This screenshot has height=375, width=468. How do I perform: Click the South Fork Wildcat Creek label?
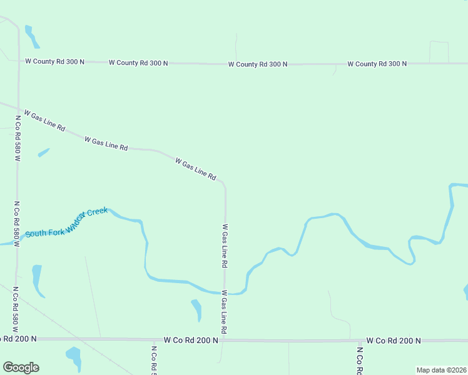(66, 222)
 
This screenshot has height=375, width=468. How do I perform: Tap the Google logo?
(21, 367)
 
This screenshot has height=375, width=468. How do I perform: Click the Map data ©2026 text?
(442, 370)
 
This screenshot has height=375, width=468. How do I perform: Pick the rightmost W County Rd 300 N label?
(377, 64)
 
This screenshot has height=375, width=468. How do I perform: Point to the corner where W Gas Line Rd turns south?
(224, 184)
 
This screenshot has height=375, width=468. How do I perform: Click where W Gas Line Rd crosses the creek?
(225, 292)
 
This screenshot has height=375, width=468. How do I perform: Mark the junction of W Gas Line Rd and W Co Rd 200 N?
(225, 340)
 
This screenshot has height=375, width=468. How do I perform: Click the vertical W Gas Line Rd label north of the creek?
(224, 246)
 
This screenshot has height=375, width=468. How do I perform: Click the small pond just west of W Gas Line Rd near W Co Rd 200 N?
(197, 309)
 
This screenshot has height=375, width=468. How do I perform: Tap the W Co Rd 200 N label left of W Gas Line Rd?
(191, 340)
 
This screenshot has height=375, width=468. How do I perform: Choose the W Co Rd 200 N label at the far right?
(394, 341)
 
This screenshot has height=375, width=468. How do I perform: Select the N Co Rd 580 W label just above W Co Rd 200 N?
(14, 310)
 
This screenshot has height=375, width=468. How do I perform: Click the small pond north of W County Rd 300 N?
(31, 37)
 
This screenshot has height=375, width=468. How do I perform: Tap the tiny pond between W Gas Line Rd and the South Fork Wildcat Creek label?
(43, 152)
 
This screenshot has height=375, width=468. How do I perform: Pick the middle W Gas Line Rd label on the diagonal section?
(106, 143)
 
